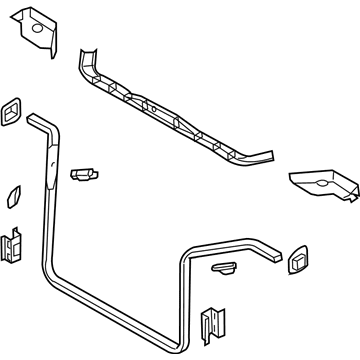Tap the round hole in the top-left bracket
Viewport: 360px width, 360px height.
click(37, 31)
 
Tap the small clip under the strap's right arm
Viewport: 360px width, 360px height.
click(224, 268)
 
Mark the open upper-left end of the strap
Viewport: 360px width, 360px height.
click(35, 120)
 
